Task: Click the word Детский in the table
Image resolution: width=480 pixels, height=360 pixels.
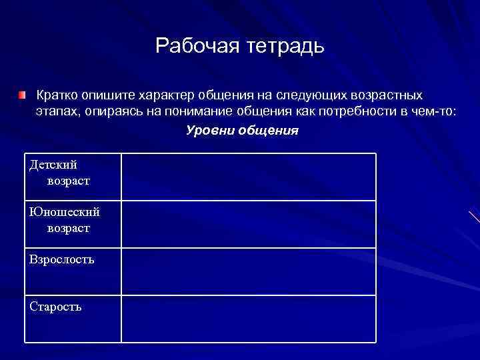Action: click(x=53, y=164)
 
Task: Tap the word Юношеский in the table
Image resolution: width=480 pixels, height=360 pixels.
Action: click(x=65, y=212)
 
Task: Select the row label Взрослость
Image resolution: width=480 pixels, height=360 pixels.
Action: click(x=62, y=259)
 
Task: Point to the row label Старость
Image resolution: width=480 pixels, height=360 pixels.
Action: click(x=55, y=307)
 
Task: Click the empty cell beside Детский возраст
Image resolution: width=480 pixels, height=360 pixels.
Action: click(x=248, y=177)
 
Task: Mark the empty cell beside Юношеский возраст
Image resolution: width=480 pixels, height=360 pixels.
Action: click(x=248, y=224)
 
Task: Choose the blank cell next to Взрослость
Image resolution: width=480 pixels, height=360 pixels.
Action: click(x=248, y=271)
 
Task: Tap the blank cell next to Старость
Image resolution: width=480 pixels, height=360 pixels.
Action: click(x=248, y=319)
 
